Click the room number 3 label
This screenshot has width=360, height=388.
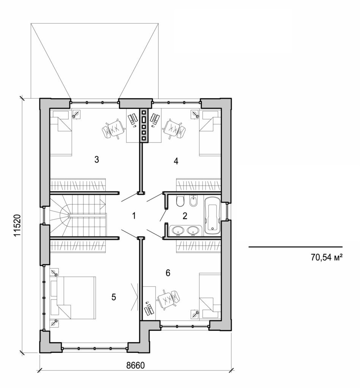point(97,160)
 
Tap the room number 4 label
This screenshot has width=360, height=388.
point(175,161)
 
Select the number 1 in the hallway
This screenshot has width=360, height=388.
point(134,216)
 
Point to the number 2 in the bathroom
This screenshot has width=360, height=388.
point(185,216)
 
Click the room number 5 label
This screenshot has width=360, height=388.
point(114,297)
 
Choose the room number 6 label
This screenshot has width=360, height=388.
point(168,272)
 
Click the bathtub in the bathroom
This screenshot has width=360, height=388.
point(212,216)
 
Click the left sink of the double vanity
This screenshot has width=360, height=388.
point(177,230)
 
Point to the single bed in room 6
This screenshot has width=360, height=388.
point(209,296)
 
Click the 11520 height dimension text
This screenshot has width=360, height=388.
point(17,226)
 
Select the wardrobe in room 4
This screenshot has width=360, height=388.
point(198,185)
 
